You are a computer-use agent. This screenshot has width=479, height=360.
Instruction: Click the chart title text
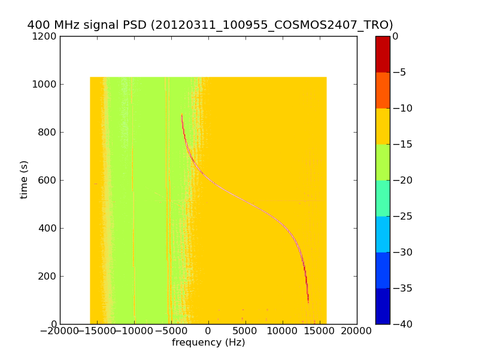coord(210,25)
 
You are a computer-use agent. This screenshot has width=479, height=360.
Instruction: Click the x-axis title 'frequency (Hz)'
coord(208,343)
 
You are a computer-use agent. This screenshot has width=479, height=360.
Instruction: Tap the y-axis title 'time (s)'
coord(24,179)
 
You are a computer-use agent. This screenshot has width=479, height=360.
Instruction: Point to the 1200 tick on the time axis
coord(45,36)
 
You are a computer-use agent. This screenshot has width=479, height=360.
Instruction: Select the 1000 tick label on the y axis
coord(45,84)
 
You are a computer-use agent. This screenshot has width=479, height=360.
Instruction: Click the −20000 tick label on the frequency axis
coord(60,331)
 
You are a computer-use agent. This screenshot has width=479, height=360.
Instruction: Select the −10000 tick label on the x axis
coord(134,331)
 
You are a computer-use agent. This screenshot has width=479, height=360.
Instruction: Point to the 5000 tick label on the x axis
coord(245,331)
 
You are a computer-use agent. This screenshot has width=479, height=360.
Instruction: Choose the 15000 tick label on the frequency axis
coord(320,331)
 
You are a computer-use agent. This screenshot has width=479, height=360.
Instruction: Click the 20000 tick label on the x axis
coord(357,331)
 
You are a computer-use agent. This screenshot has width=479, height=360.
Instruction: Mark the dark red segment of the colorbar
coord(383,54)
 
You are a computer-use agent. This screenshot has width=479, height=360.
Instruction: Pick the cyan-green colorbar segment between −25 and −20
coord(383,198)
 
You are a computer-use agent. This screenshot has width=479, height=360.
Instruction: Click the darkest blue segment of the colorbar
coord(383,306)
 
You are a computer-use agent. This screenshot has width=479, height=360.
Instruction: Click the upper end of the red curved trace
coord(182,115)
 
